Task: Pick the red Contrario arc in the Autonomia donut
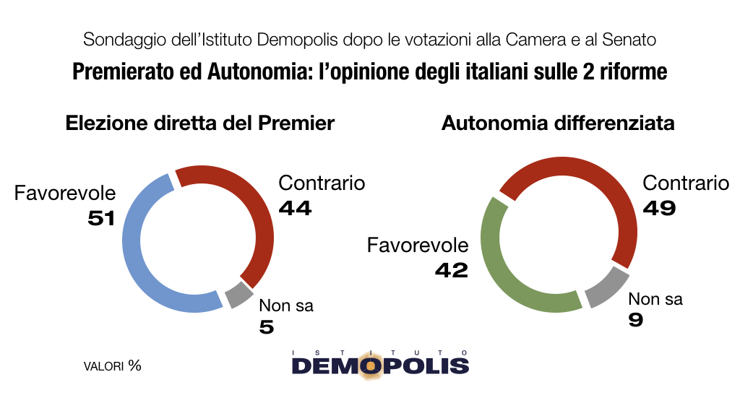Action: [x=607, y=188]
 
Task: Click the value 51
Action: [x=101, y=217]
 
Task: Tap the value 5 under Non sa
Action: [x=267, y=327]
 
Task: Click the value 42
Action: [x=452, y=270]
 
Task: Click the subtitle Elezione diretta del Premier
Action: [x=200, y=123]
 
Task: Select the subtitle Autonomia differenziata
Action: [x=558, y=123]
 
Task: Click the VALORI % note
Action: [x=112, y=365]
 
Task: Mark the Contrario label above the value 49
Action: [x=686, y=183]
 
